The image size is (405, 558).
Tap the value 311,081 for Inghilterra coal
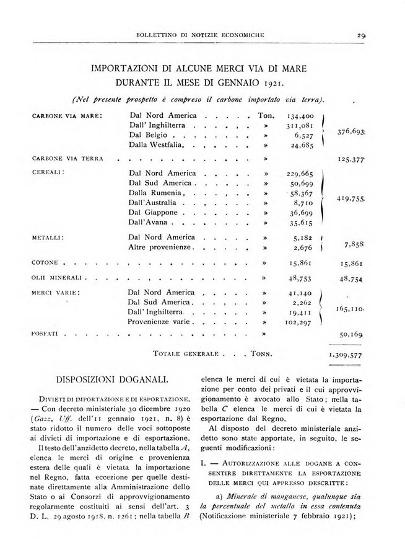(x=300, y=125)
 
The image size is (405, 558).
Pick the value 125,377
(x=351, y=159)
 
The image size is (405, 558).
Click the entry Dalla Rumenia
(x=154, y=193)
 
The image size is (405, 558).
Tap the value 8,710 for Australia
(x=303, y=203)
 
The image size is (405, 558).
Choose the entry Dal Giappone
(x=154, y=212)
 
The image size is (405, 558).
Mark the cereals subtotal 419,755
(x=351, y=198)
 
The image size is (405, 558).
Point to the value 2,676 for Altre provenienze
(x=303, y=247)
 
